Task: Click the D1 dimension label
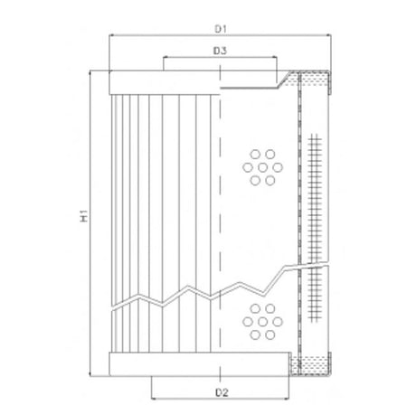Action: (220, 26)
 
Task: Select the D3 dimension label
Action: (220, 51)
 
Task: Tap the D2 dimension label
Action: (220, 391)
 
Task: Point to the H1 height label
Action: (81, 217)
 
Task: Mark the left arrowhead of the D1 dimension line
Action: (110, 36)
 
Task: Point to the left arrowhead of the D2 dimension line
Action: (152, 399)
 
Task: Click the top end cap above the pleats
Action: (163, 83)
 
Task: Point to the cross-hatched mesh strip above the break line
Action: (314, 194)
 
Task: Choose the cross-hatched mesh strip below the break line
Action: (314, 298)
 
